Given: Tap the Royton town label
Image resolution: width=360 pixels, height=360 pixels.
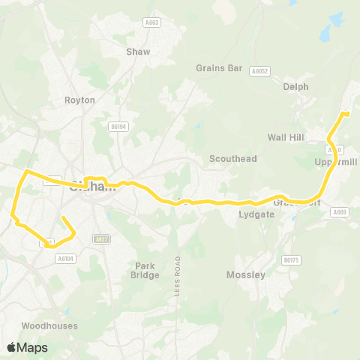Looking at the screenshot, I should tap(79, 100).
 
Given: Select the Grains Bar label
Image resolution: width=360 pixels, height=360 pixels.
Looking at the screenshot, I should tap(219, 68).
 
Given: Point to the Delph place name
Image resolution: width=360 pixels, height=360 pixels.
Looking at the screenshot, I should tap(295, 86).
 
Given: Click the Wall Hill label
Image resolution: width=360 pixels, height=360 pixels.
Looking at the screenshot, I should tap(286, 137).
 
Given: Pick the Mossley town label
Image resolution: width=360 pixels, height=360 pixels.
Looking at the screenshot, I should tap(246, 275).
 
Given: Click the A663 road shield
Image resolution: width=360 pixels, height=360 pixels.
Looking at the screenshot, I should tap(151, 23).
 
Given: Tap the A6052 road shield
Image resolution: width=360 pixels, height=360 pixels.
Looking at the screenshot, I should tap(259, 71).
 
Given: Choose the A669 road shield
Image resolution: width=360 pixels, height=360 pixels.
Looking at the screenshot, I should tap(339, 212).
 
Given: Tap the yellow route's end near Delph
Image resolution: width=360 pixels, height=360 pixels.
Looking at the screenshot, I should tap(346, 113).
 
